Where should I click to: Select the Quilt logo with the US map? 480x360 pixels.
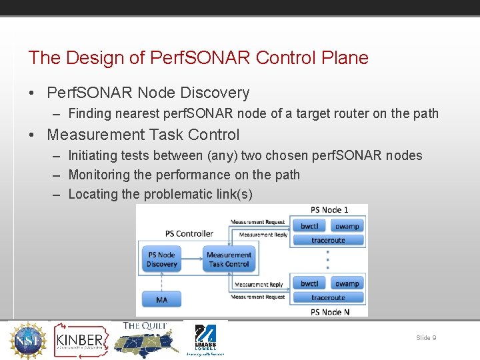click(145, 339)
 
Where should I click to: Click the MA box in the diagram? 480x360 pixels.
click(162, 300)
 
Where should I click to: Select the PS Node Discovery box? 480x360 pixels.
click(162, 259)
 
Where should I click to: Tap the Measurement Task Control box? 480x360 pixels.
click(229, 259)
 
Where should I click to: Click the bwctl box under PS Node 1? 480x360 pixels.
click(309, 227)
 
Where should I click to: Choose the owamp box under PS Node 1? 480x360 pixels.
click(347, 227)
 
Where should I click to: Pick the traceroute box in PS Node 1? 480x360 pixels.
click(328, 240)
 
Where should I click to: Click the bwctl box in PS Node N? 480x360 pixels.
click(309, 284)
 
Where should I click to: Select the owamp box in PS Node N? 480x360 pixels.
click(347, 284)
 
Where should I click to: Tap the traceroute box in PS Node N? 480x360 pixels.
click(328, 298)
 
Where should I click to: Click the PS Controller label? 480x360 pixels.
click(189, 233)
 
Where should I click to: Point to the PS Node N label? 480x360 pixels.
click(330, 312)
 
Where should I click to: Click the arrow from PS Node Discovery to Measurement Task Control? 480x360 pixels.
click(191, 259)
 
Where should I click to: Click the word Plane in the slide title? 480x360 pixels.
click(345, 58)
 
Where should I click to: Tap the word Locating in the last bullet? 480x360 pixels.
click(93, 195)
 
